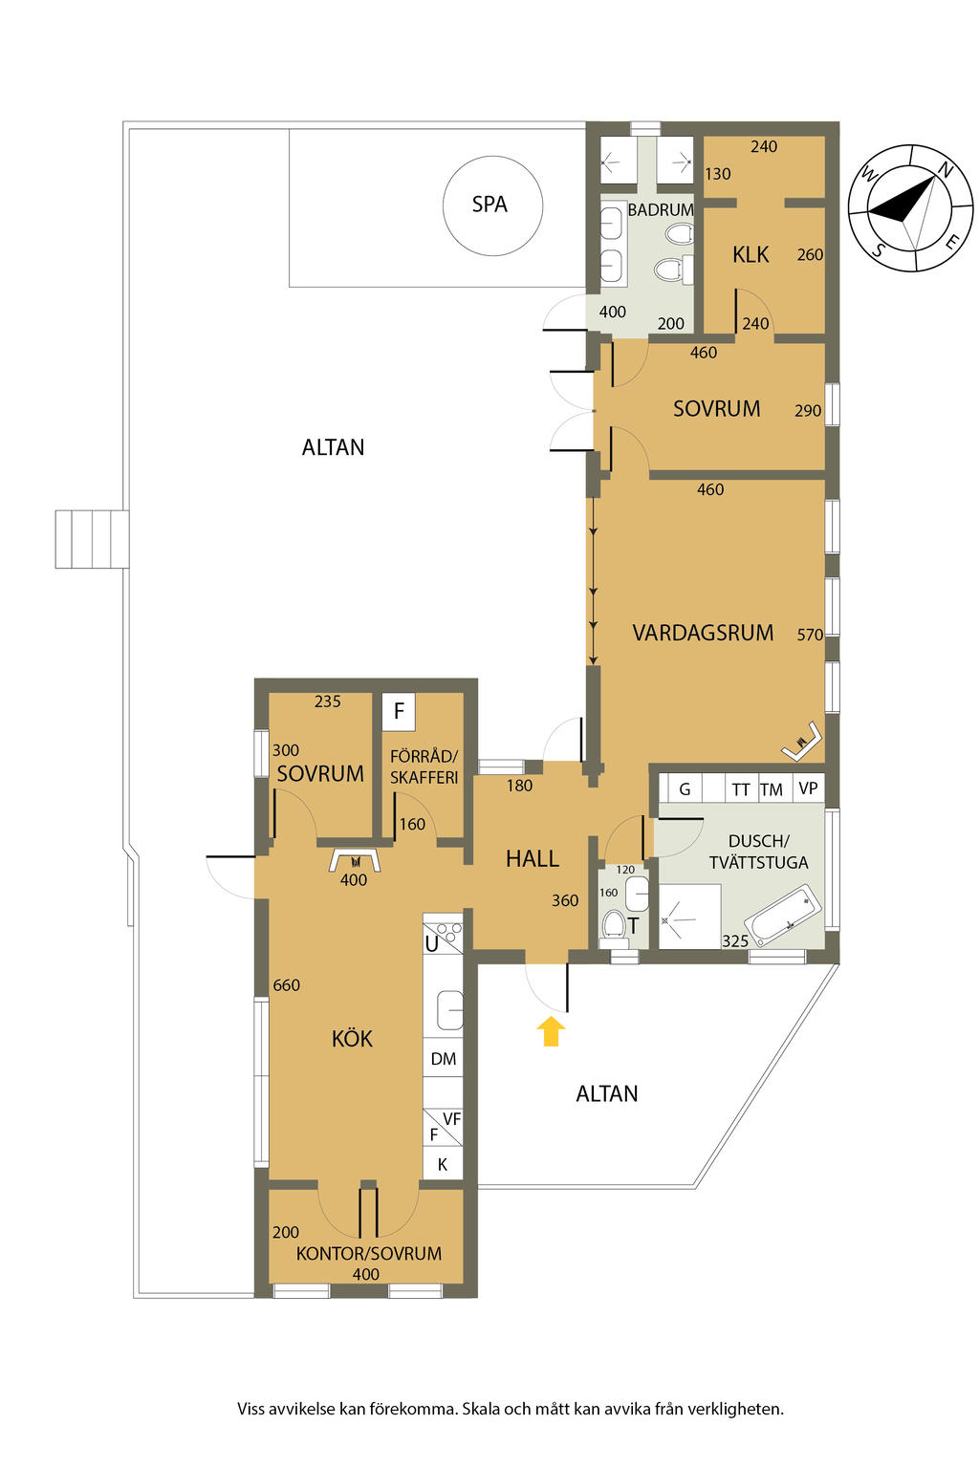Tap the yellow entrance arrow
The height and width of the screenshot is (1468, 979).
pyautogui.click(x=551, y=1031)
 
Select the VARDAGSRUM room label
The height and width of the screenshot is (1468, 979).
pyautogui.click(x=703, y=633)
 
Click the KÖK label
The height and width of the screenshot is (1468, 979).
pyautogui.click(x=352, y=1038)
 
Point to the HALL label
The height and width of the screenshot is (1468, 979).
pyautogui.click(x=532, y=858)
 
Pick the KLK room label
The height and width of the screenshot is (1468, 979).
pyautogui.click(x=751, y=254)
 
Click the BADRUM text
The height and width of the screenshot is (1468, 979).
pyautogui.click(x=661, y=209)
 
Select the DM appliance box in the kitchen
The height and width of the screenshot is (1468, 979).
pyautogui.click(x=444, y=1058)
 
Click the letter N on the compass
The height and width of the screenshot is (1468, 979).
pyautogui.click(x=945, y=169)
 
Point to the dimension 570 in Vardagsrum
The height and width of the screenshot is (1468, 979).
pyautogui.click(x=810, y=635)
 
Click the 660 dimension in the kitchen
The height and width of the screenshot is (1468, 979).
pyautogui.click(x=286, y=985)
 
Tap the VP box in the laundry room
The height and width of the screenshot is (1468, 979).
pyautogui.click(x=808, y=788)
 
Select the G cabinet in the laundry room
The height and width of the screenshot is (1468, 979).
pyautogui.click(x=684, y=788)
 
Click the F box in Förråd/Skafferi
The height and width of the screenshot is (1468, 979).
pyautogui.click(x=399, y=712)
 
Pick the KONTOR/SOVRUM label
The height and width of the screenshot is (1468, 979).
pyautogui.click(x=368, y=1254)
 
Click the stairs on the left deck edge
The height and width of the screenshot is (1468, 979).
pyautogui.click(x=92, y=539)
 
